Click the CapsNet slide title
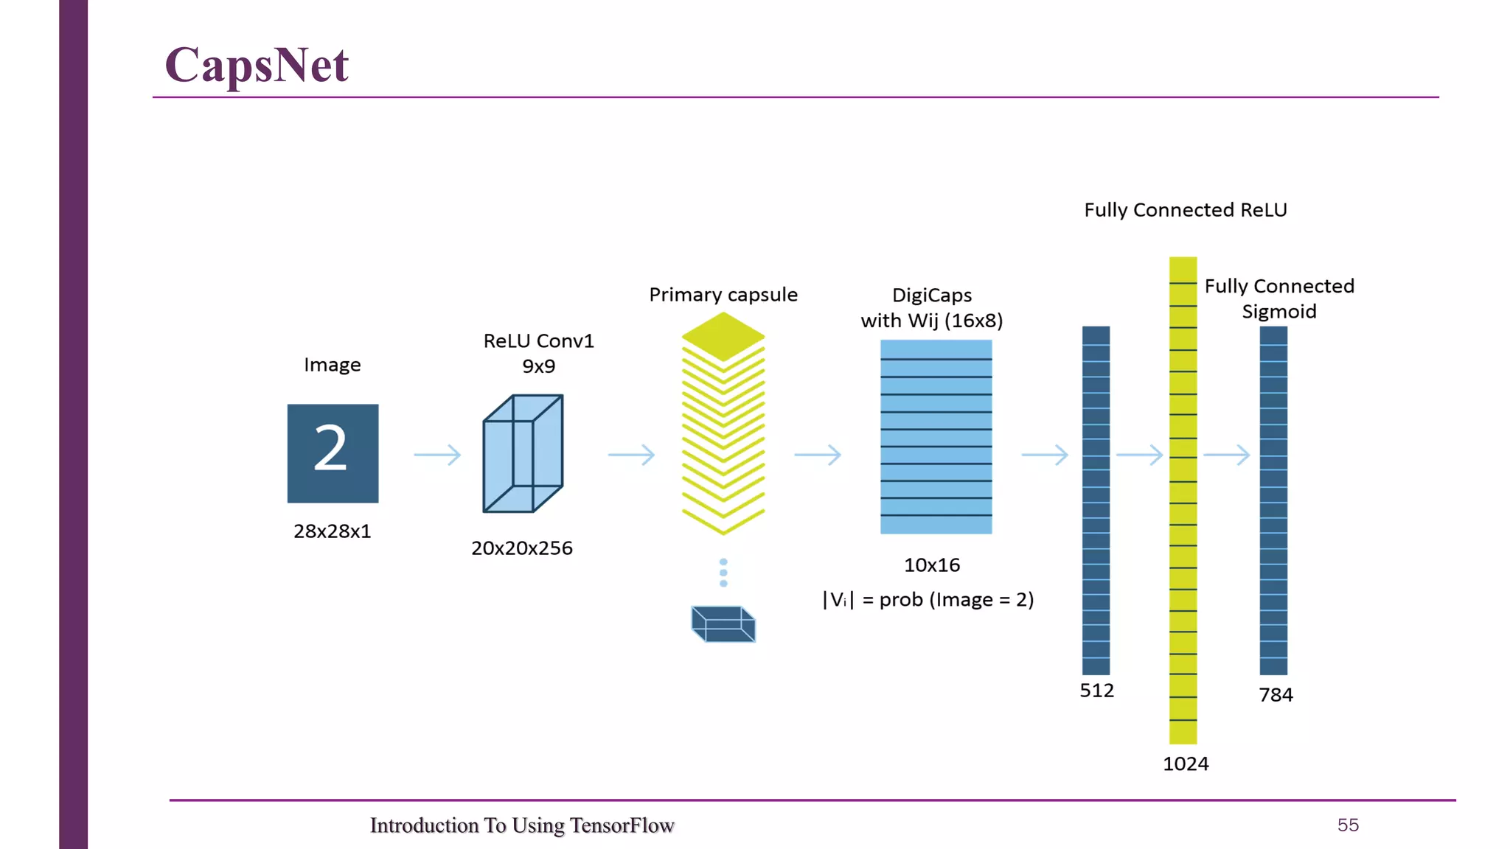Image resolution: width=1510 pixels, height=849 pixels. point(257,65)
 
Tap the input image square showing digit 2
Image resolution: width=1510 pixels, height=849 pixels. point(333,453)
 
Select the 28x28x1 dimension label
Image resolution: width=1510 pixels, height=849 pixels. point(333,531)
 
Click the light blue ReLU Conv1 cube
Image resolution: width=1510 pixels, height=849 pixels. point(523,454)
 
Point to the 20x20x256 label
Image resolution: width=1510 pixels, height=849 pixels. point(522,548)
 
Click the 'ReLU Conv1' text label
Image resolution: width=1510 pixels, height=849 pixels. point(538,341)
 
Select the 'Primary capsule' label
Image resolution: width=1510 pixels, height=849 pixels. point(723,295)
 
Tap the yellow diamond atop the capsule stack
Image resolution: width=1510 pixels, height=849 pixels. point(723,336)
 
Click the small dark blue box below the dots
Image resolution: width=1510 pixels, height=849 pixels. point(723,624)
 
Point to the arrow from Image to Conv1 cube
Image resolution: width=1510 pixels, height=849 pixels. point(437,455)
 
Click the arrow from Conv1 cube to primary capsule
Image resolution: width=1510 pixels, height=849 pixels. point(631,455)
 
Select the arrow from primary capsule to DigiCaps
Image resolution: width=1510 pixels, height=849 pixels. point(818,455)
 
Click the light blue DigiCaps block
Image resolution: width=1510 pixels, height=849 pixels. point(936,436)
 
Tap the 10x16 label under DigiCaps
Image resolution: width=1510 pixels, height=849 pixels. point(932,565)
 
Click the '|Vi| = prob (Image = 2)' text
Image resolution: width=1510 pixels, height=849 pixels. point(928,600)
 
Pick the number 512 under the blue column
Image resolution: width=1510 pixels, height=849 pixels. point(1096,691)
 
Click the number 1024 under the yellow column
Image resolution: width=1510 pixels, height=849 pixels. point(1186,764)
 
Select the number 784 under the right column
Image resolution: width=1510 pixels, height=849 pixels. point(1276,695)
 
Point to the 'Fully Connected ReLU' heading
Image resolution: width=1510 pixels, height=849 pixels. point(1186,210)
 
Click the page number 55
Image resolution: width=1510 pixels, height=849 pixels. point(1348,825)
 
